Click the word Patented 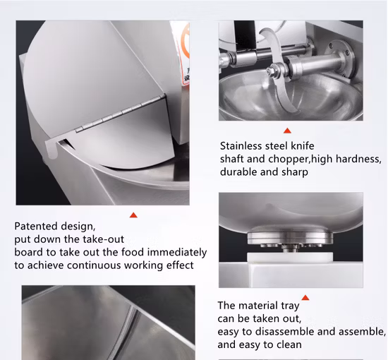point(36,226)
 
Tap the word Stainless point(241,146)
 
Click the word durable point(238,172)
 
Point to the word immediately point(177,253)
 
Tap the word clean point(289,344)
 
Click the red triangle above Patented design point(133,215)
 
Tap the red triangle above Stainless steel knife point(287,131)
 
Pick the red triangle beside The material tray point(305,298)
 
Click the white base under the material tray point(290,258)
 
